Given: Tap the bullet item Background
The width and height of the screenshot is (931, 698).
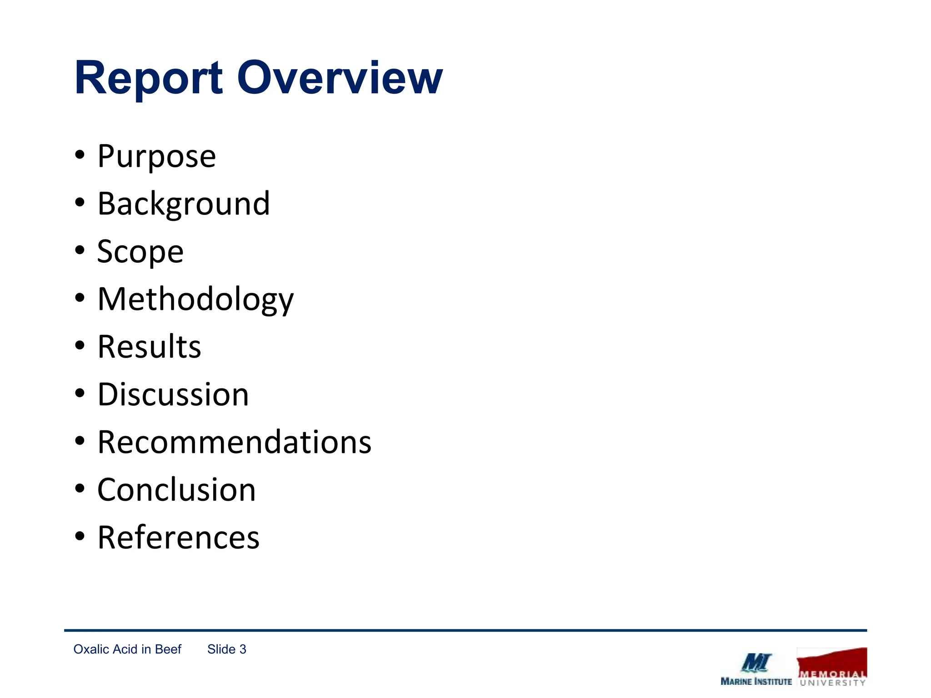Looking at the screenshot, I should [x=184, y=204].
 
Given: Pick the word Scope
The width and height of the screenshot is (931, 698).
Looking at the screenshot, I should [x=140, y=252].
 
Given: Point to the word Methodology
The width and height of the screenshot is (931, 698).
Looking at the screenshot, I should [x=195, y=299].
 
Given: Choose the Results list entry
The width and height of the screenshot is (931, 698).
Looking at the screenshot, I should [x=149, y=347].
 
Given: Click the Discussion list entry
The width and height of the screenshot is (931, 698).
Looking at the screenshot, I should [x=173, y=394].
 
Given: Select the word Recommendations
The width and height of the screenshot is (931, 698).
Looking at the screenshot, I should [x=234, y=442].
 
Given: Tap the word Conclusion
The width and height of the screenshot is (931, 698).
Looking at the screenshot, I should [x=176, y=490].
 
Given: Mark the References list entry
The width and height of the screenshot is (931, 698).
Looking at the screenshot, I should [x=178, y=538].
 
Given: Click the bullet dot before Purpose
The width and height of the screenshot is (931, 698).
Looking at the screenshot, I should [x=80, y=155].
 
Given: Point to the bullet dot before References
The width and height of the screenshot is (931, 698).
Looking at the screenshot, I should [x=80, y=536].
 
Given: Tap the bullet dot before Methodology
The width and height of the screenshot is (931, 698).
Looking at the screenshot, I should [x=80, y=298].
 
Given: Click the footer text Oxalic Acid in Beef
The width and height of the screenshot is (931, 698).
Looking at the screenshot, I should [x=127, y=649].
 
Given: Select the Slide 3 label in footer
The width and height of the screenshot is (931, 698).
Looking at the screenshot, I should [x=226, y=649].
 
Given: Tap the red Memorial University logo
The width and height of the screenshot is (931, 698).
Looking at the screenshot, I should [x=831, y=667].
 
